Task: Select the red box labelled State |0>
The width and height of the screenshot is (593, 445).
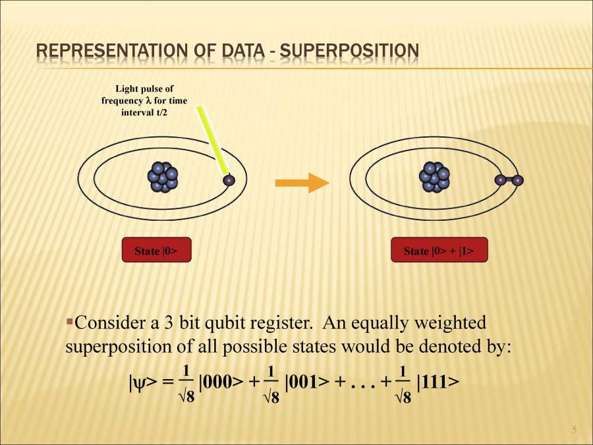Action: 156,251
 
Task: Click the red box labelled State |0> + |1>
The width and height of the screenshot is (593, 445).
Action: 437,251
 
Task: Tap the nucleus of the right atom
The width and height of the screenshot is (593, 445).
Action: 434,177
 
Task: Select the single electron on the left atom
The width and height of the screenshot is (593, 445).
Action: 229,179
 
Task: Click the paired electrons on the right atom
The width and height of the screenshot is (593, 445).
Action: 509,180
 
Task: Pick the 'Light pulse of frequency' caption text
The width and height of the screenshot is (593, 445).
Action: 144,100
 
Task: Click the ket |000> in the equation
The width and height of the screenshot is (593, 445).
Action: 221,382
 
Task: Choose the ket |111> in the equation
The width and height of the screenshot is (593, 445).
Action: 438,382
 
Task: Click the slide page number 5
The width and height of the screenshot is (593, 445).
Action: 574,430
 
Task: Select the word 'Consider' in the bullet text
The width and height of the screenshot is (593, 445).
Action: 105,323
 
